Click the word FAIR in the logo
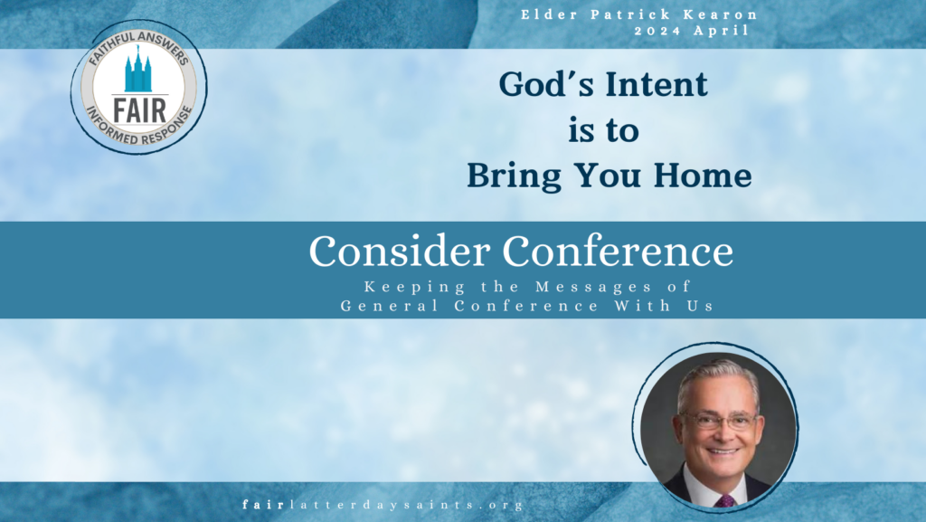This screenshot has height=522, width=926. pos(139,111)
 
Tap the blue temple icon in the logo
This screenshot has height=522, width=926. pos(138,69)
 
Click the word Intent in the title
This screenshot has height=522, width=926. pos(656,84)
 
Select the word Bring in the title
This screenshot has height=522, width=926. pos(515,176)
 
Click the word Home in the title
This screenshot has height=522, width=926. pos(702,176)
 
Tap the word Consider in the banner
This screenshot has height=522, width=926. pos(399,251)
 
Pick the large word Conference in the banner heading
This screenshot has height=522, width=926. pos(618,251)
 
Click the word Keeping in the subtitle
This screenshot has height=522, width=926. pos(414,288)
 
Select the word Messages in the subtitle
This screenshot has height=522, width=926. pos(593,288)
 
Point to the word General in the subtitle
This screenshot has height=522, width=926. pos(389,306)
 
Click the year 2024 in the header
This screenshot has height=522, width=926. pos(658,31)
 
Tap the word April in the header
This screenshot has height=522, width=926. pos(722,31)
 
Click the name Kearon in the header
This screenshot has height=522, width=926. pos(721,14)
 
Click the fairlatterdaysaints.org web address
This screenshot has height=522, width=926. pos(383,505)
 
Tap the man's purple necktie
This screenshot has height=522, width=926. pos(724,501)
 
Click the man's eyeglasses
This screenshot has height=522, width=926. pos(720,421)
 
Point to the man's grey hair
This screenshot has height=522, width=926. pos(717,378)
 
